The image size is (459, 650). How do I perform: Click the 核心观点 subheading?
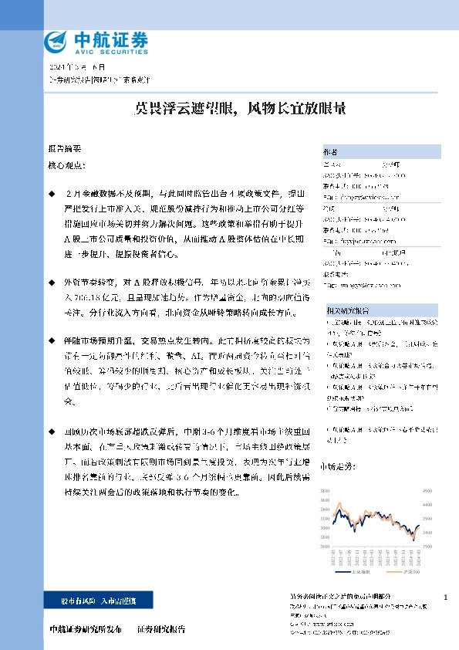click(67, 165)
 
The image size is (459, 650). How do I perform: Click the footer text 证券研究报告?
click(162, 630)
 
